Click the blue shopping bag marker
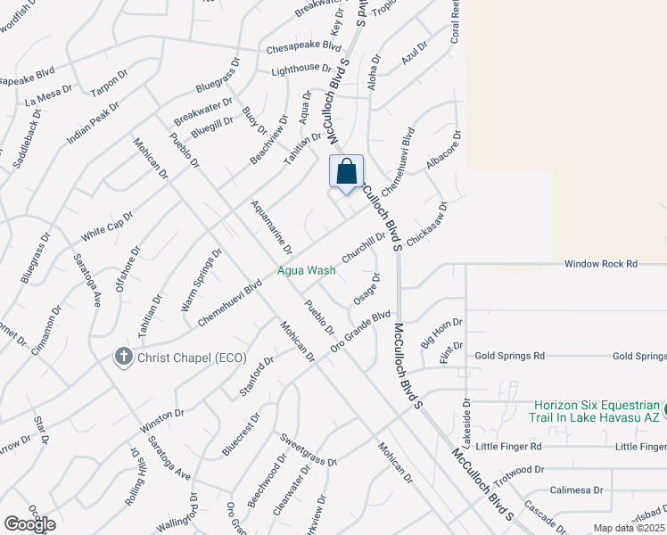pyautogui.click(x=347, y=171)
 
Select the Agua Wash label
pyautogui.click(x=306, y=269)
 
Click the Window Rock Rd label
pyautogui.click(x=601, y=264)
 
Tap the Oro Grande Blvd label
pyautogui.click(x=360, y=330)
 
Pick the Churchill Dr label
pyautogui.click(x=363, y=247)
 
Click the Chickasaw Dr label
pyautogui.click(x=425, y=225)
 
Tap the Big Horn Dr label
pyautogui.click(x=441, y=334)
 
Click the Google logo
pyautogui.click(x=29, y=523)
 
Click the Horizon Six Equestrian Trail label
pyautogui.click(x=597, y=410)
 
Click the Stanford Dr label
pyautogui.click(x=256, y=376)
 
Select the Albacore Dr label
pyautogui.click(x=443, y=151)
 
